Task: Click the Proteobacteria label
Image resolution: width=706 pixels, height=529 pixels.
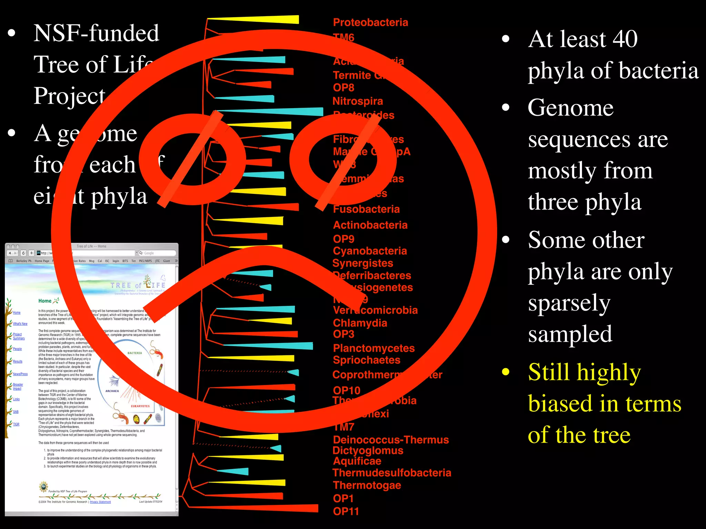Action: tap(370, 23)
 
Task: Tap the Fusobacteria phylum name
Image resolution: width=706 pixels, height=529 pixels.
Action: tap(366, 209)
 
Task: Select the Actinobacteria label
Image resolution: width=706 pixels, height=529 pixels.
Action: tap(370, 225)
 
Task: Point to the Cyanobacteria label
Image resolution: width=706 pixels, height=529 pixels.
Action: tap(370, 251)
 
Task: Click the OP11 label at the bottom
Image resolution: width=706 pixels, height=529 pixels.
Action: tap(346, 511)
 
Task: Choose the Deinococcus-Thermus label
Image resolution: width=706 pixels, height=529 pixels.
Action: tap(391, 440)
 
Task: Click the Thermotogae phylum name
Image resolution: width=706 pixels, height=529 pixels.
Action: tap(367, 485)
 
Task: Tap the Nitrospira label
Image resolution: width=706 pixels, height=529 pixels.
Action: tap(357, 101)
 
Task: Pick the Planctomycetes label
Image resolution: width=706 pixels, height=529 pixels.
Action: tap(374, 348)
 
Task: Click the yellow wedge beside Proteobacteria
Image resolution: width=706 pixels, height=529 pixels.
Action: tap(269, 20)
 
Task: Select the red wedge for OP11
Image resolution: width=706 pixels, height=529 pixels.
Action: tap(276, 508)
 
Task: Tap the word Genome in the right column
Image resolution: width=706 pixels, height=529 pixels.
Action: tap(571, 108)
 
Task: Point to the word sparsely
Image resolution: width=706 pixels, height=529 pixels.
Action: tap(569, 303)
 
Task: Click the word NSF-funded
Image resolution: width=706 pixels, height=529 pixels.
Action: tap(96, 33)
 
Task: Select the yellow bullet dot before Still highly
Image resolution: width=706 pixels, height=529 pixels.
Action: tap(506, 372)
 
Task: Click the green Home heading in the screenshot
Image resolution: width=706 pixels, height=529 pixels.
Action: tap(45, 301)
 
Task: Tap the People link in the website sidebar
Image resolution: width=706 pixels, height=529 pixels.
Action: tap(17, 349)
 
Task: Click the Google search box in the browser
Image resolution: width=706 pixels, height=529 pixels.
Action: tap(157, 253)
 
